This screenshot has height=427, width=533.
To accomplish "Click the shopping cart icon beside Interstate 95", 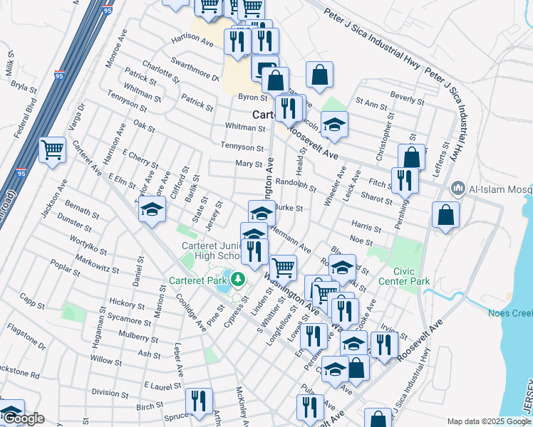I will pyautogui.click(x=53, y=150).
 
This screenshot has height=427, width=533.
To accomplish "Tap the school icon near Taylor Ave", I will pyautogui.click(x=151, y=209).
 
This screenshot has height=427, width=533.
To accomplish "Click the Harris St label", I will pyautogui.click(x=366, y=228).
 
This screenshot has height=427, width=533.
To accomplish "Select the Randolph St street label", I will pyautogui.click(x=295, y=185).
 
